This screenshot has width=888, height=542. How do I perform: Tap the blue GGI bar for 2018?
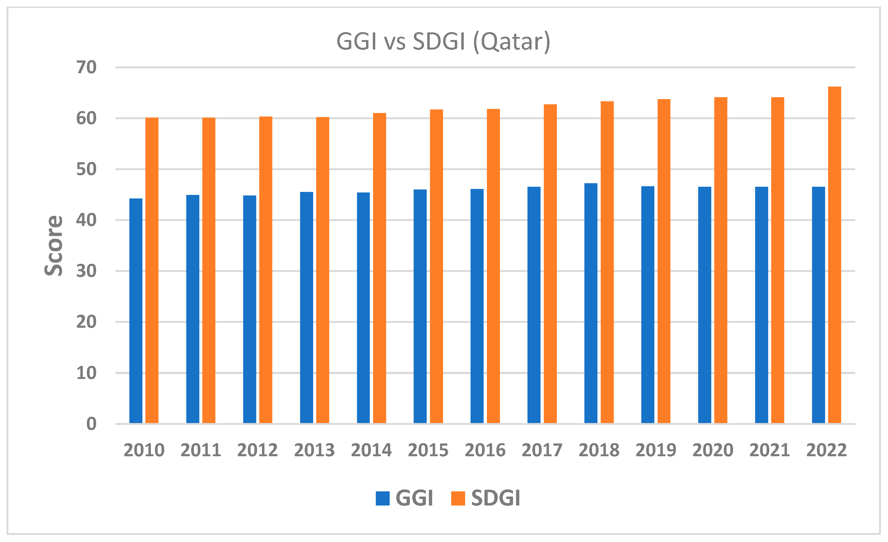pyautogui.click(x=591, y=303)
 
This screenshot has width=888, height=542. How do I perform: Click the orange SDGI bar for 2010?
pyautogui.click(x=152, y=270)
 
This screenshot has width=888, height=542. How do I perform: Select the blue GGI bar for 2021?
pyautogui.click(x=761, y=305)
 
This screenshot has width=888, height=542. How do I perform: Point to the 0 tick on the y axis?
pyautogui.click(x=91, y=424)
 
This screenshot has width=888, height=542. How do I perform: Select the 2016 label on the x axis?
pyautogui.click(x=485, y=450)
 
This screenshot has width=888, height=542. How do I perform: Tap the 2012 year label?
pyautogui.click(x=257, y=450)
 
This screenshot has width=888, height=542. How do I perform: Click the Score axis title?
pyautogui.click(x=54, y=246)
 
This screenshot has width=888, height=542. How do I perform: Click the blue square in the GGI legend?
pyautogui.click(x=382, y=498)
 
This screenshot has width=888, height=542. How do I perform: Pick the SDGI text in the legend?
pyautogui.click(x=496, y=498)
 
